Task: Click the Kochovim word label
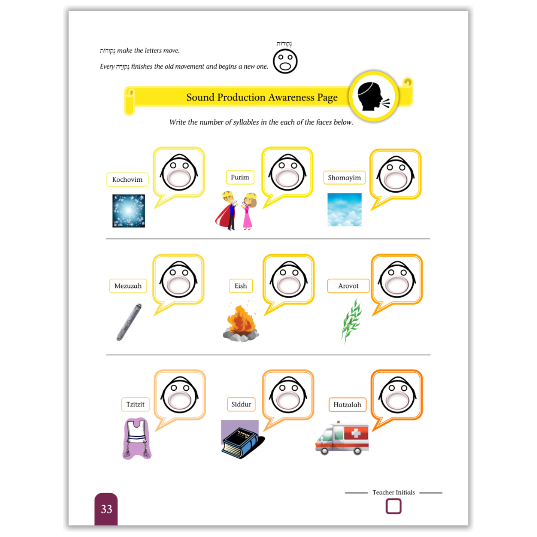(x=127, y=179)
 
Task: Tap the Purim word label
(x=240, y=177)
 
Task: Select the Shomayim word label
(x=344, y=177)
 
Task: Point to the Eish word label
(x=241, y=286)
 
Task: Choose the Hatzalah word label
(x=348, y=405)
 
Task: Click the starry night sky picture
(x=129, y=211)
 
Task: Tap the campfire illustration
(x=241, y=322)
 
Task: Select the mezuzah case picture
(x=129, y=322)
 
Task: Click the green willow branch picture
(x=351, y=321)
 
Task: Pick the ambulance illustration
(x=342, y=438)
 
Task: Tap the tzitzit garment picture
(x=137, y=439)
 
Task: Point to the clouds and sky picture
(x=344, y=210)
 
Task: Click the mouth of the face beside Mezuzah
(x=179, y=285)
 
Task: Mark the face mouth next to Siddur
(x=288, y=400)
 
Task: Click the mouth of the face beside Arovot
(x=397, y=285)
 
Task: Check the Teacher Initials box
(x=393, y=506)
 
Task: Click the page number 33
(x=106, y=509)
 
